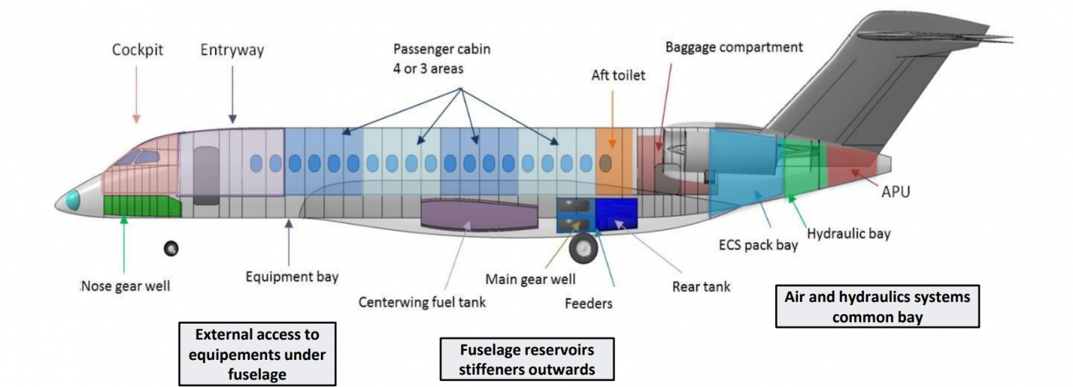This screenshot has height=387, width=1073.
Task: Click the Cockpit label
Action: point(137,50)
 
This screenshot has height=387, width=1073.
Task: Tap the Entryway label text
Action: point(232,50)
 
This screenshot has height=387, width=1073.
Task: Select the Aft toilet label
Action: point(617,75)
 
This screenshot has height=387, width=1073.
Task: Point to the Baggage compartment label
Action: point(734,47)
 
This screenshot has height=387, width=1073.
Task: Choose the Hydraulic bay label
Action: point(848,233)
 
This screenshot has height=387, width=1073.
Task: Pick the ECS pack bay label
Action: point(757,246)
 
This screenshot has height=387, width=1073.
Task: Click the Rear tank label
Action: point(701,286)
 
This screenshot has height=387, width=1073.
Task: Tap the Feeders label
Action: point(588,303)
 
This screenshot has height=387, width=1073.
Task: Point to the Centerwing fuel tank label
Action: point(422,302)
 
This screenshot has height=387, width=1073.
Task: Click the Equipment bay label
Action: point(292,276)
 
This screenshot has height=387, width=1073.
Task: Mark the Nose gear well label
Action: point(125,286)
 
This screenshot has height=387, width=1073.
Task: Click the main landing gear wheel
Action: point(583,249)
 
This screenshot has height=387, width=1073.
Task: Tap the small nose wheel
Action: point(171,248)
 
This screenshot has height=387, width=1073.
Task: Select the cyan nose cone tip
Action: point(72,200)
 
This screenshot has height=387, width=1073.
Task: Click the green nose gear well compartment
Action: point(142,206)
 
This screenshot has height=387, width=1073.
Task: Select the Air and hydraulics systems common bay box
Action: point(877,307)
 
